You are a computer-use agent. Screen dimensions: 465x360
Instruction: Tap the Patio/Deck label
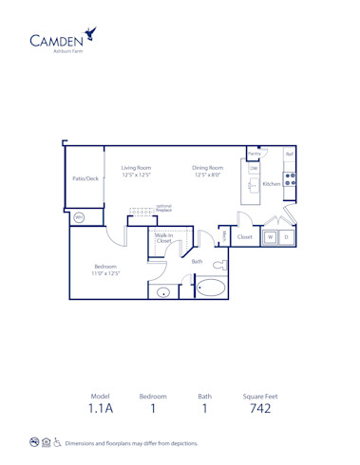[85, 177]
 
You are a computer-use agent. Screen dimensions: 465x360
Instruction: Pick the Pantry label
[255, 153]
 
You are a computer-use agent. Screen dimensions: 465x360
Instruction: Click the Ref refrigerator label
[290, 154]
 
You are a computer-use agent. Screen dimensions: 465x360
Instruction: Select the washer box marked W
[270, 236]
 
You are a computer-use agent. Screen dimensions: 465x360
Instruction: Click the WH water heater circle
[79, 217]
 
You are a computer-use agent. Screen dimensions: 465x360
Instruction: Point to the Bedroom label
[105, 270]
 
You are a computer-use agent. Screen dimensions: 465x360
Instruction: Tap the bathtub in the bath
[212, 288]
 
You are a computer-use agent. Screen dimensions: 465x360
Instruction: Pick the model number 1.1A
[101, 410]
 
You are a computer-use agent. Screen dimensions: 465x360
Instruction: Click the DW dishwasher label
[254, 168]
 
